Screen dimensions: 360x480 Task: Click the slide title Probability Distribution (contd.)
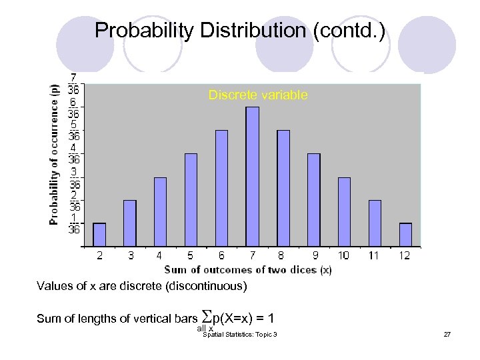coord(239,30)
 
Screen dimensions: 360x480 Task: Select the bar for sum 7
coord(252,177)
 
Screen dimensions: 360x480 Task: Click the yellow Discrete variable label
coord(258,95)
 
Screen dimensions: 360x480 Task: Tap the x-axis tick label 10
coord(343,255)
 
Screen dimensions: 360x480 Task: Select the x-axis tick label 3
coord(130,255)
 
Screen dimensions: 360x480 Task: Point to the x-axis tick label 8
coord(283,255)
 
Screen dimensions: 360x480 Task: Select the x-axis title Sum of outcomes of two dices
coord(248,269)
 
